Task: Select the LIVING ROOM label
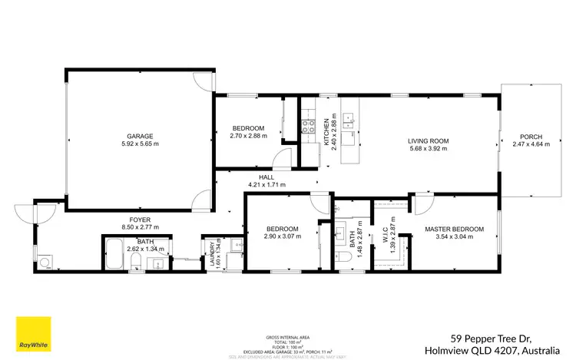coord(428,140)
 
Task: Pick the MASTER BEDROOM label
coord(455,230)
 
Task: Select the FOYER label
coord(140,219)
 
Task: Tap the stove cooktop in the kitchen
coord(309,126)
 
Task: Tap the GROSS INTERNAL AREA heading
coord(287,337)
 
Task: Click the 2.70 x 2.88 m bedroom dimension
coord(249,137)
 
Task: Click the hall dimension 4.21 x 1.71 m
coord(266,185)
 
